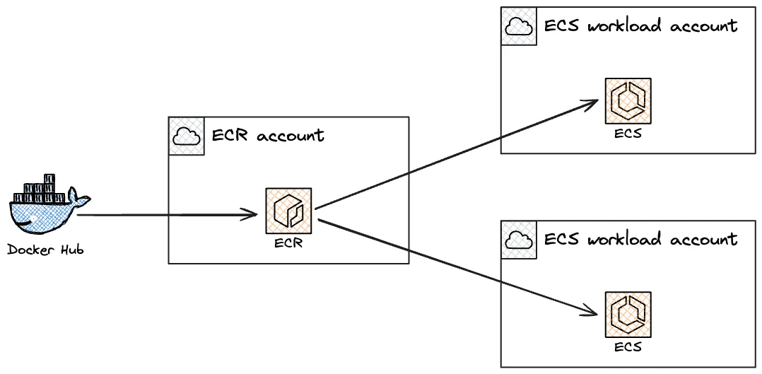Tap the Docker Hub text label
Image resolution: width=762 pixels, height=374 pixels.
tap(45, 250)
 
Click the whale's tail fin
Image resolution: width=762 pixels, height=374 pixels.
tap(78, 198)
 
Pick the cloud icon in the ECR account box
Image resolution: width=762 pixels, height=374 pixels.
tap(187, 136)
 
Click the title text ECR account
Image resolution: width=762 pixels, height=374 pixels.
tap(269, 134)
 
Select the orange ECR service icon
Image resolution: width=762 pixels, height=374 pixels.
tap(288, 211)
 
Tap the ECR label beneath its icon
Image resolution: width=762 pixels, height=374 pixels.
tap(288, 243)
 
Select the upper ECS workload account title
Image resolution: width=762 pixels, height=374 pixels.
tap(640, 25)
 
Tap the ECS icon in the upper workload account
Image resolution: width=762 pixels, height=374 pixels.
tap(628, 100)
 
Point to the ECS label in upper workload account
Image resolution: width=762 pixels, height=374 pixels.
tap(628, 133)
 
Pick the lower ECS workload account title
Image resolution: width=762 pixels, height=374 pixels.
tap(640, 239)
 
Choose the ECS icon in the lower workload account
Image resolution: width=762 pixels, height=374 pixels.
tap(628, 314)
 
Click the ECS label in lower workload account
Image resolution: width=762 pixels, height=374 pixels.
tap(628, 346)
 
